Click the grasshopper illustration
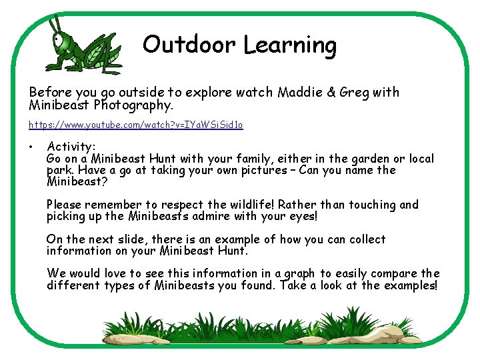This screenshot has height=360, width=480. (83, 45)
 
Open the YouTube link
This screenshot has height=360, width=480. (136, 125)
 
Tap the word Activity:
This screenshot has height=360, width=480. (71, 147)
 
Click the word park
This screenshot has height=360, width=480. (60, 171)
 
